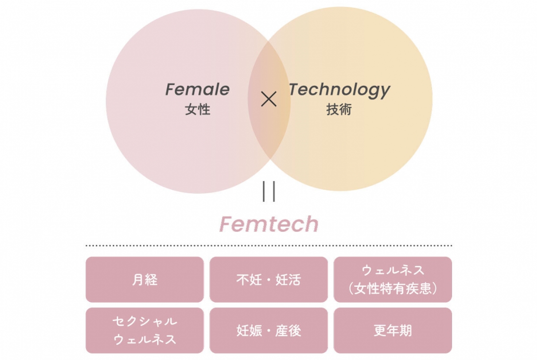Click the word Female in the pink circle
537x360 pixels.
click(x=197, y=90)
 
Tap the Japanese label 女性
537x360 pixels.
click(x=197, y=109)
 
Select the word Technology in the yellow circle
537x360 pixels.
click(x=339, y=90)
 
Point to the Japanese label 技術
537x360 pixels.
click(x=339, y=109)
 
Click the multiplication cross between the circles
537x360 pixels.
click(x=268, y=100)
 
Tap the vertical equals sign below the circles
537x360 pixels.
click(x=268, y=191)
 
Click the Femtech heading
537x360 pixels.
click(x=268, y=224)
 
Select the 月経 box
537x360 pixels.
click(x=145, y=280)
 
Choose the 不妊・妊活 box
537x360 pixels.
click(x=268, y=280)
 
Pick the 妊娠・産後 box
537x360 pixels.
click(x=268, y=331)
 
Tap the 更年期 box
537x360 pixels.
click(x=392, y=331)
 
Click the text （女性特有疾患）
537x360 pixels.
click(x=392, y=289)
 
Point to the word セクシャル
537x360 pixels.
click(x=145, y=321)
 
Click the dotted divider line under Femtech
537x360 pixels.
click(x=268, y=245)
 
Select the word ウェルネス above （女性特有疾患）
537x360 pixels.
click(x=392, y=271)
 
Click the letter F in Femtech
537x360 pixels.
click(x=226, y=224)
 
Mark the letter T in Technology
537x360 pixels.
click(x=294, y=89)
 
